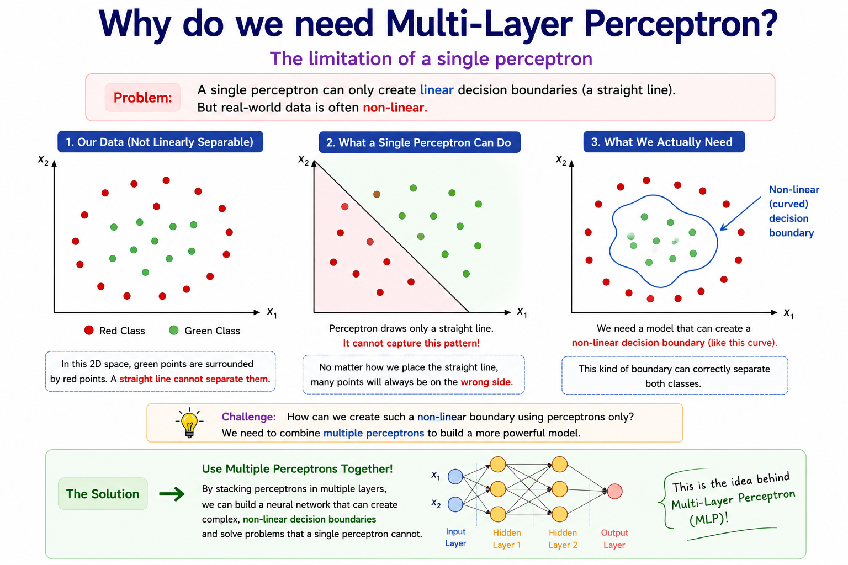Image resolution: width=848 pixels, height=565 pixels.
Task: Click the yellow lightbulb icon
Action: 189,423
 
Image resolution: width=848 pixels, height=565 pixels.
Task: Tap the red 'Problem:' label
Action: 143,98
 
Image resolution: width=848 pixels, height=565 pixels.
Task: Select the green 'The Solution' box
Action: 103,494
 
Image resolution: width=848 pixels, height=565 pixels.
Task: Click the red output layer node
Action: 614,491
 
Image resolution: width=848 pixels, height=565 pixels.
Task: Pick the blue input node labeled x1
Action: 455,477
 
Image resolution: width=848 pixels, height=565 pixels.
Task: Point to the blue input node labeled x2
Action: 455,504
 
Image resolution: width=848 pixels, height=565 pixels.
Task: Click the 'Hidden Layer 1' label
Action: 507,539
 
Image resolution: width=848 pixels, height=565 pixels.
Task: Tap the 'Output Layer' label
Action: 614,539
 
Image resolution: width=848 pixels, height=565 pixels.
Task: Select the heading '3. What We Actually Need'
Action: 664,142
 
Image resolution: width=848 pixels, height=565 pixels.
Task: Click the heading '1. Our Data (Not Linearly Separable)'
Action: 160,142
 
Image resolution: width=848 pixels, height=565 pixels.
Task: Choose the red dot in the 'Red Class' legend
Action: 89,331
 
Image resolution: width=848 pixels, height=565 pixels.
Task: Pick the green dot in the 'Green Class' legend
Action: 174,331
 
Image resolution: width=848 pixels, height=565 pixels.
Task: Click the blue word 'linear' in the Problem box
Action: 437,90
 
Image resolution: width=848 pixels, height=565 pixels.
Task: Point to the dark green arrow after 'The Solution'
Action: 172,494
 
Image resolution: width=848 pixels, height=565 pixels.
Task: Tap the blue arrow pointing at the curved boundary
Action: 740,214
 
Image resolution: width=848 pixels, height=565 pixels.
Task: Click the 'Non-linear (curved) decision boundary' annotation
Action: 793,211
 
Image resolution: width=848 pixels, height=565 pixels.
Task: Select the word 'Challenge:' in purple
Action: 249,417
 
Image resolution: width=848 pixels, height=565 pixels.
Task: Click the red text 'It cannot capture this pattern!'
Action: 411,343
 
